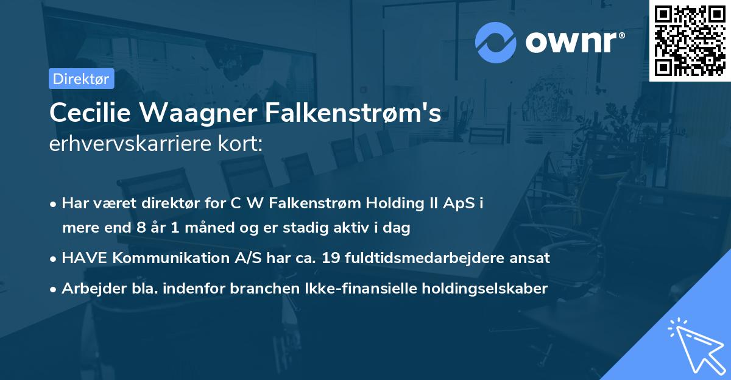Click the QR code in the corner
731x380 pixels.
[690, 40]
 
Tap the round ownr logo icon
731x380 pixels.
[495, 42]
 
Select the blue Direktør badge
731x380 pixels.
[82, 79]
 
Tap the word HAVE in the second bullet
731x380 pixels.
[81, 258]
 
